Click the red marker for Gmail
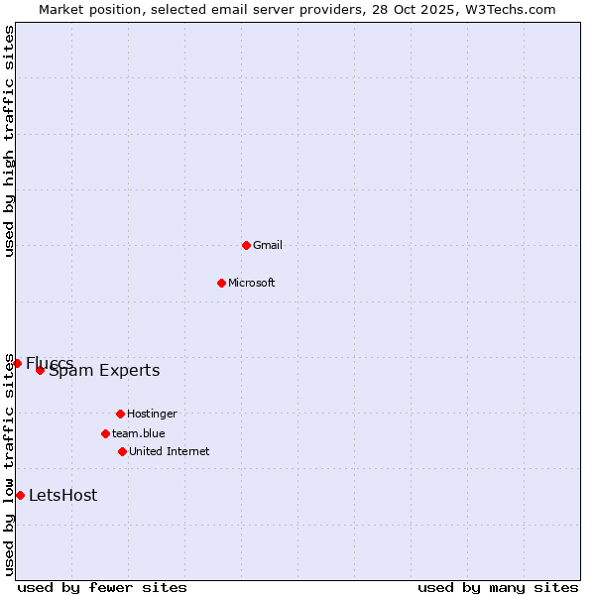point(246,245)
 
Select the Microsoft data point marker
point(221,283)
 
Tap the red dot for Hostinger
point(120,414)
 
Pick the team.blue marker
point(105,433)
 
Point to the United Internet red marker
point(122,451)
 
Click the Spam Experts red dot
point(40,370)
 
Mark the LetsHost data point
point(20,495)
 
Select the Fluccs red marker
point(17,363)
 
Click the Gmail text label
point(268,245)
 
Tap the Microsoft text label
point(252,283)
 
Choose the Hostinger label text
point(152,414)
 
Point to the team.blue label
point(139,433)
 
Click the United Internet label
point(170,451)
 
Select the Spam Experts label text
point(104,371)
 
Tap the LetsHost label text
point(63,496)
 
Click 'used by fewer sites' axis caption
point(102,587)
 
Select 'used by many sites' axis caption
point(498,587)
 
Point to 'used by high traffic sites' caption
point(10,141)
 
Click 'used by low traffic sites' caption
point(10,464)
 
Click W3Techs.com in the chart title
point(508,9)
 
